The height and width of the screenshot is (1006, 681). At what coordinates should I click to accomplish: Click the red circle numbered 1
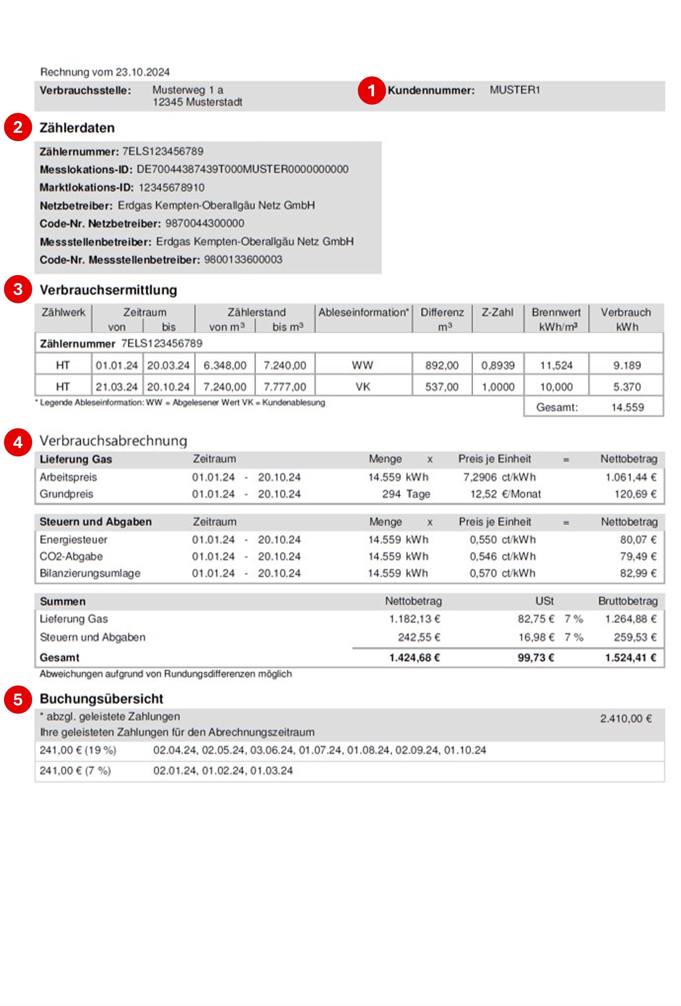(371, 91)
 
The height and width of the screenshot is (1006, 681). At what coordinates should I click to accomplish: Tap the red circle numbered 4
(18, 442)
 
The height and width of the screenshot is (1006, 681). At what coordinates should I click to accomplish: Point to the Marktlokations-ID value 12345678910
(171, 187)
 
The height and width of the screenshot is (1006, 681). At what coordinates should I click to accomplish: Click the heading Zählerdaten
(77, 128)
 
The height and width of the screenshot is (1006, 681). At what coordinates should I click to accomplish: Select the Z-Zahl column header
(497, 312)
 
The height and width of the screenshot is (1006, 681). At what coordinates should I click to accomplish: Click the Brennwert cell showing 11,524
(556, 365)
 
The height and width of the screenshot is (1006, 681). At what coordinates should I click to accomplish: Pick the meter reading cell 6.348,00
(225, 365)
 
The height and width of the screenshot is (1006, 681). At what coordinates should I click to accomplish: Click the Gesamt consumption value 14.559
(627, 407)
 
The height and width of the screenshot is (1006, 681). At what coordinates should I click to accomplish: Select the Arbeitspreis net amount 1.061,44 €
(630, 477)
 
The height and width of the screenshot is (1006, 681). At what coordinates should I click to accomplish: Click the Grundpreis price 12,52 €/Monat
(505, 494)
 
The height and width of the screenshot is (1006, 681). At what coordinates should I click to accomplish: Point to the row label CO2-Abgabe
(71, 556)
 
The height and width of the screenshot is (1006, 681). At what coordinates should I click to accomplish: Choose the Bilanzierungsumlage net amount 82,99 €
(638, 573)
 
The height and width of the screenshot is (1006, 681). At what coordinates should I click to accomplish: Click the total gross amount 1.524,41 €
(630, 658)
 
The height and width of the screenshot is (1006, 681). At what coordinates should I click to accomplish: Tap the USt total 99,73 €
(536, 658)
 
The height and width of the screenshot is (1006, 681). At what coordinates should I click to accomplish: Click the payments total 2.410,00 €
(625, 719)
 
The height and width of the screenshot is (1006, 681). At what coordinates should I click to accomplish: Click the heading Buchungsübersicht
(101, 699)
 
